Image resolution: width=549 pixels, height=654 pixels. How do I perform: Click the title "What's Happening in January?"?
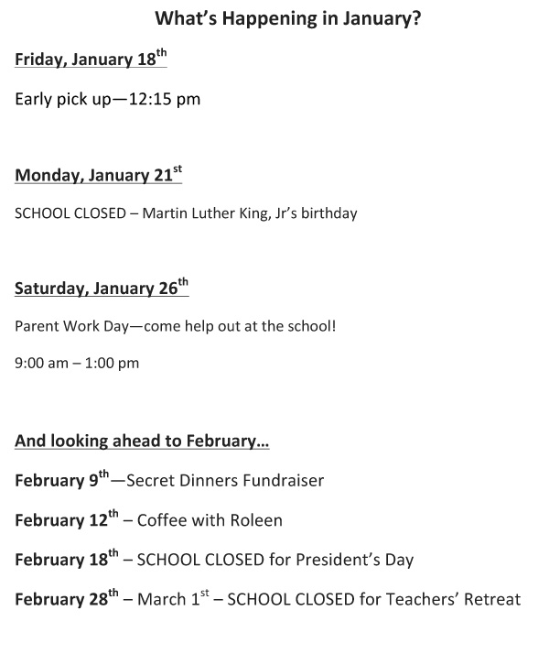point(287,18)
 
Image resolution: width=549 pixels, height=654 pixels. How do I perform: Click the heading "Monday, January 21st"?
point(98,175)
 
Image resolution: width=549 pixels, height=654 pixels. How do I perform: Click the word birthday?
point(327,213)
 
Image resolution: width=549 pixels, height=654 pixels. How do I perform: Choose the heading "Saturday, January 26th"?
point(101,289)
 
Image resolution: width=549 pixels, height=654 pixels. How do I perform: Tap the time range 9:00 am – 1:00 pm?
point(77,364)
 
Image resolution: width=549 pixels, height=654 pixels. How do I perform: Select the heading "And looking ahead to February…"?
point(142,441)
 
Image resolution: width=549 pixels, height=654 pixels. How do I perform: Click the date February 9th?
point(61,480)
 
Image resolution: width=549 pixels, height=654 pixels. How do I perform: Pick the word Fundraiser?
point(279,480)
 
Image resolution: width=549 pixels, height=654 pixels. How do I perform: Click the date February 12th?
point(66,520)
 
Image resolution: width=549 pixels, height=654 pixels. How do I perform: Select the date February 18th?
point(66,560)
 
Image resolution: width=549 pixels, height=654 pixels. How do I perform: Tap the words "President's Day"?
point(359,560)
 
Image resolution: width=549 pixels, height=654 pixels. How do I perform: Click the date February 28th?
point(66,600)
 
